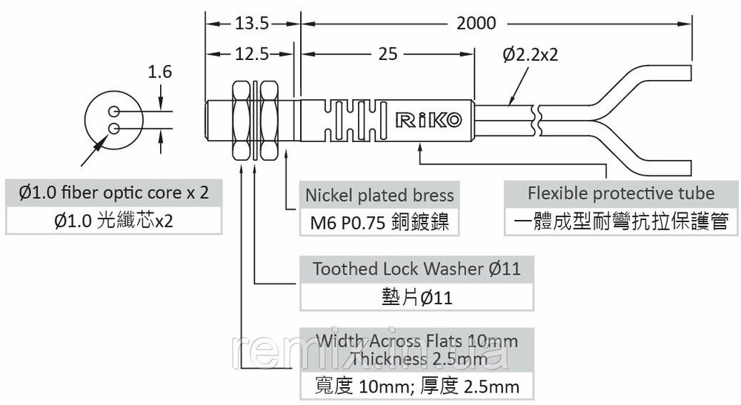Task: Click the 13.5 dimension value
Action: point(252,24)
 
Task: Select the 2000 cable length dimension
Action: point(476,24)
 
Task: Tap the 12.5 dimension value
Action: point(252,54)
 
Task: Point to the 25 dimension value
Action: point(388,54)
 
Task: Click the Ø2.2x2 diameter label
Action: point(531,55)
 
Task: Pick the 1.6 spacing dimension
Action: point(160,72)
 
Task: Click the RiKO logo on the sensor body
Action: point(428,120)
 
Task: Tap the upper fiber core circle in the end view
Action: point(113,112)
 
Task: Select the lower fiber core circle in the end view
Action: point(113,128)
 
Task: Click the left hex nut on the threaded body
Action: point(241,121)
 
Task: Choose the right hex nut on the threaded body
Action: point(269,121)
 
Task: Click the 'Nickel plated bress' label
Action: point(379,195)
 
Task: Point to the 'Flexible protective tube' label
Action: point(621,193)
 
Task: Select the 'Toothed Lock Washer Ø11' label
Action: point(416,269)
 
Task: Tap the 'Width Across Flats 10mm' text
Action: point(416,341)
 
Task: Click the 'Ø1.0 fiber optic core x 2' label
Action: point(113,193)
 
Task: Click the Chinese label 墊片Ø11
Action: point(416,298)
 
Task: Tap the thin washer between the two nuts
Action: point(255,121)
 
